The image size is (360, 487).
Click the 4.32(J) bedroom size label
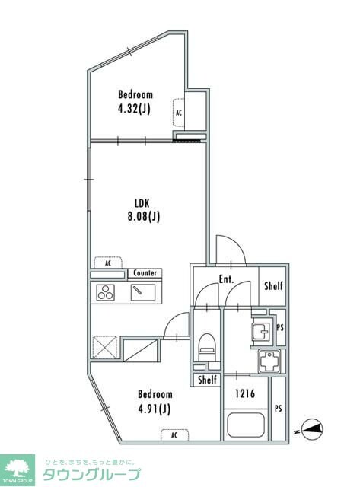(134, 109)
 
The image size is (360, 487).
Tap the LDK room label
(142, 203)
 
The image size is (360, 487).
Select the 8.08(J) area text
(144, 216)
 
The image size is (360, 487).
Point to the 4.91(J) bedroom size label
(155, 409)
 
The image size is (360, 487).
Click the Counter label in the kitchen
(145, 273)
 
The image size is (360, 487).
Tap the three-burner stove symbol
(105, 292)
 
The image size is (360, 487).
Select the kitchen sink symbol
(143, 292)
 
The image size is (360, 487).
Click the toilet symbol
(207, 347)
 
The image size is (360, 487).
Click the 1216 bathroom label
(245, 394)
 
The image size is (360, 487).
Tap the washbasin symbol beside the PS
(261, 332)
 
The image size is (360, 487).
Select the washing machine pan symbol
(269, 361)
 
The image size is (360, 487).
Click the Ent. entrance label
(226, 279)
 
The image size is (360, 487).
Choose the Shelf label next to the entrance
(274, 286)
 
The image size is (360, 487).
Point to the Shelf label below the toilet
(207, 380)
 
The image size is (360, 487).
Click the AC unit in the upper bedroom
(179, 113)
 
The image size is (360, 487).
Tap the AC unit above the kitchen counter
(108, 263)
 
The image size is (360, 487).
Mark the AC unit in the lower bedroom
(174, 434)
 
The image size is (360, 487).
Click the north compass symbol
(312, 429)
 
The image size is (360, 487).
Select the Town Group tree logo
(18, 470)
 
